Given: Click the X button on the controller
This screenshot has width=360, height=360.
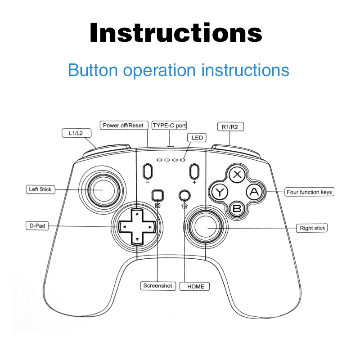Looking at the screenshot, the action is point(237,175).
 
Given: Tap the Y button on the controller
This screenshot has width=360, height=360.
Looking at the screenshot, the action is point(220,192).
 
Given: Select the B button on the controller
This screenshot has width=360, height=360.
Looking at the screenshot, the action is point(237,209).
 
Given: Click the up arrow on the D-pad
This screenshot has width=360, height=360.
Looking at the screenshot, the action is point(137,214).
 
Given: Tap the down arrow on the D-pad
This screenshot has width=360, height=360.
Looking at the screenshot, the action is point(137,239).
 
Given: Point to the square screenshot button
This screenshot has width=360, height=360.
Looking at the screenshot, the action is point(158,195).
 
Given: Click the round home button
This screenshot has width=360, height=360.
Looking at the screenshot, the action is point(184,196).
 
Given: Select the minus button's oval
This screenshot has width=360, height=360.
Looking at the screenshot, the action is point(148,171).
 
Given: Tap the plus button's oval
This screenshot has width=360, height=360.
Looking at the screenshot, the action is point(194,171).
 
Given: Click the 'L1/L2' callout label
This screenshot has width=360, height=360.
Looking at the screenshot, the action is point(76,133).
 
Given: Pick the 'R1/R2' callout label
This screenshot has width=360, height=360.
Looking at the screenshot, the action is point(230,127).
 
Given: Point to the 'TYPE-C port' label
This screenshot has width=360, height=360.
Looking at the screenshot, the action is point(169,126).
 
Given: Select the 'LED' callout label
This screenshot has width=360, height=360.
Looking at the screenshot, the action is point(197,138).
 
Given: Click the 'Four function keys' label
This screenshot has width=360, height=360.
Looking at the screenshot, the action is point(309,192).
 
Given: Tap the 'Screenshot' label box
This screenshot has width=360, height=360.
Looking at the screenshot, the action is point(158,286).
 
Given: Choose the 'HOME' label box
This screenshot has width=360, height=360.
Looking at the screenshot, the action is point(195,286).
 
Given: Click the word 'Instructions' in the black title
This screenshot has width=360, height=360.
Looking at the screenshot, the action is point(176,32).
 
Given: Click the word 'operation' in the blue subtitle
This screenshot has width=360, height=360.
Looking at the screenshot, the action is point(159,70).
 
